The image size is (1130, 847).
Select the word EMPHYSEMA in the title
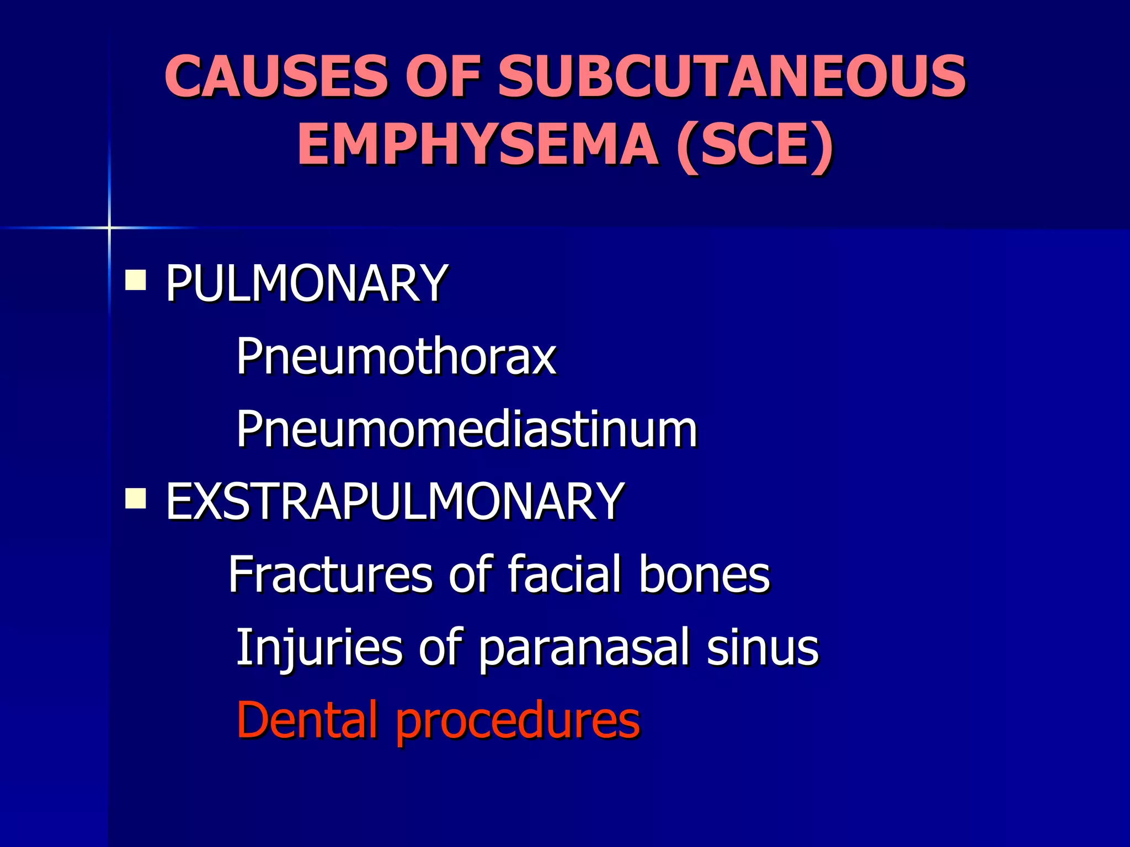click(x=478, y=144)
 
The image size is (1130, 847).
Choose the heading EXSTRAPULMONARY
click(x=395, y=501)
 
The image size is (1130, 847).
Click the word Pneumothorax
click(x=396, y=356)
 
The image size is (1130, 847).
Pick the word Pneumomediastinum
click(x=467, y=429)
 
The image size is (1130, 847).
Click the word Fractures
click(x=330, y=574)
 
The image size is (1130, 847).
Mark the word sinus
click(x=763, y=647)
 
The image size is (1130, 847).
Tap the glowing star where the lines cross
click(x=109, y=227)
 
